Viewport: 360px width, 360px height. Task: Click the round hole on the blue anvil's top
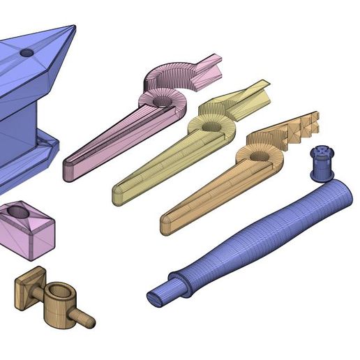(x=27, y=52)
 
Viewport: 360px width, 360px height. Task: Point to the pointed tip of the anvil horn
(x=73, y=27)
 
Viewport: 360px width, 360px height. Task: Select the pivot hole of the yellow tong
(x=211, y=126)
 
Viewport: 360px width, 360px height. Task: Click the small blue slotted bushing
(x=321, y=163)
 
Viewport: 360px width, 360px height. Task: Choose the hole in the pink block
(x=19, y=210)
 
